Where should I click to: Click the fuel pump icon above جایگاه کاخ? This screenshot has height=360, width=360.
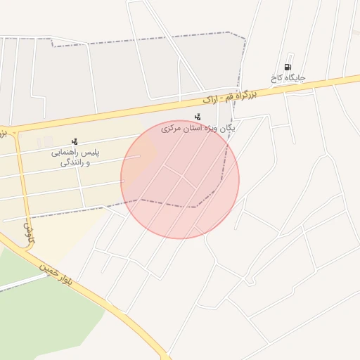click(x=288, y=67)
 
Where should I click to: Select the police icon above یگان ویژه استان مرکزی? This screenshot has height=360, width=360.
click(x=198, y=117)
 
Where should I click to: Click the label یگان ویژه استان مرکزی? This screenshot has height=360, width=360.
click(x=198, y=129)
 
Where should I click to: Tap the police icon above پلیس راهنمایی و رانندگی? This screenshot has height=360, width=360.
click(x=75, y=141)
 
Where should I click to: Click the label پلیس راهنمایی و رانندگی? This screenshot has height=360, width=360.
click(x=75, y=157)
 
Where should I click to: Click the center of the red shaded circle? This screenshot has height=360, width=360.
click(x=180, y=179)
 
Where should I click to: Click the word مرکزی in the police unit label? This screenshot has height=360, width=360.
click(x=174, y=129)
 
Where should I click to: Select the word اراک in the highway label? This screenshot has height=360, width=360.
click(x=212, y=98)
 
